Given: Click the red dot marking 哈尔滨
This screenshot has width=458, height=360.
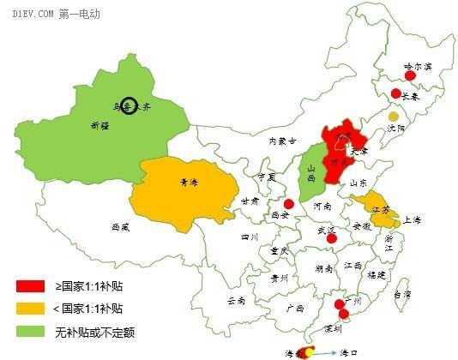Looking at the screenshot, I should tap(410, 76).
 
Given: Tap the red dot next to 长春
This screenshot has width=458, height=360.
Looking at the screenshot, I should tap(395, 93).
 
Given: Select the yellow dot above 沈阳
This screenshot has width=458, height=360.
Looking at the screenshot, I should tap(393, 116).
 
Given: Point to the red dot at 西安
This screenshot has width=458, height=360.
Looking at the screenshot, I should tap(289, 204).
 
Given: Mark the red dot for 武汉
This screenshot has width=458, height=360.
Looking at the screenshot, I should tap(332, 237).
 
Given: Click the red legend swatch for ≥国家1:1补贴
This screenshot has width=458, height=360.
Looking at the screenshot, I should tap(30, 285).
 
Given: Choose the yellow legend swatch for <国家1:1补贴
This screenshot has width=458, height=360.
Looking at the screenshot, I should tap(30, 308).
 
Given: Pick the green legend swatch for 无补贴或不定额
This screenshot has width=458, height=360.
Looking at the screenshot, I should tap(30, 331).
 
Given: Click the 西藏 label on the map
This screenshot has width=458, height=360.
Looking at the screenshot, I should tap(121, 228).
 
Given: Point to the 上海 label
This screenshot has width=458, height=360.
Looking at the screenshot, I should tap(411, 220).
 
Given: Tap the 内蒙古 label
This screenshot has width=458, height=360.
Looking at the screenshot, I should tap(282, 141).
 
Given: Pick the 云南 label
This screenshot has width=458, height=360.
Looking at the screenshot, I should tap(236, 301).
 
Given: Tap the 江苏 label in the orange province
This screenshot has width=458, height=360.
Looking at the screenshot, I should tap(379, 209).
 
